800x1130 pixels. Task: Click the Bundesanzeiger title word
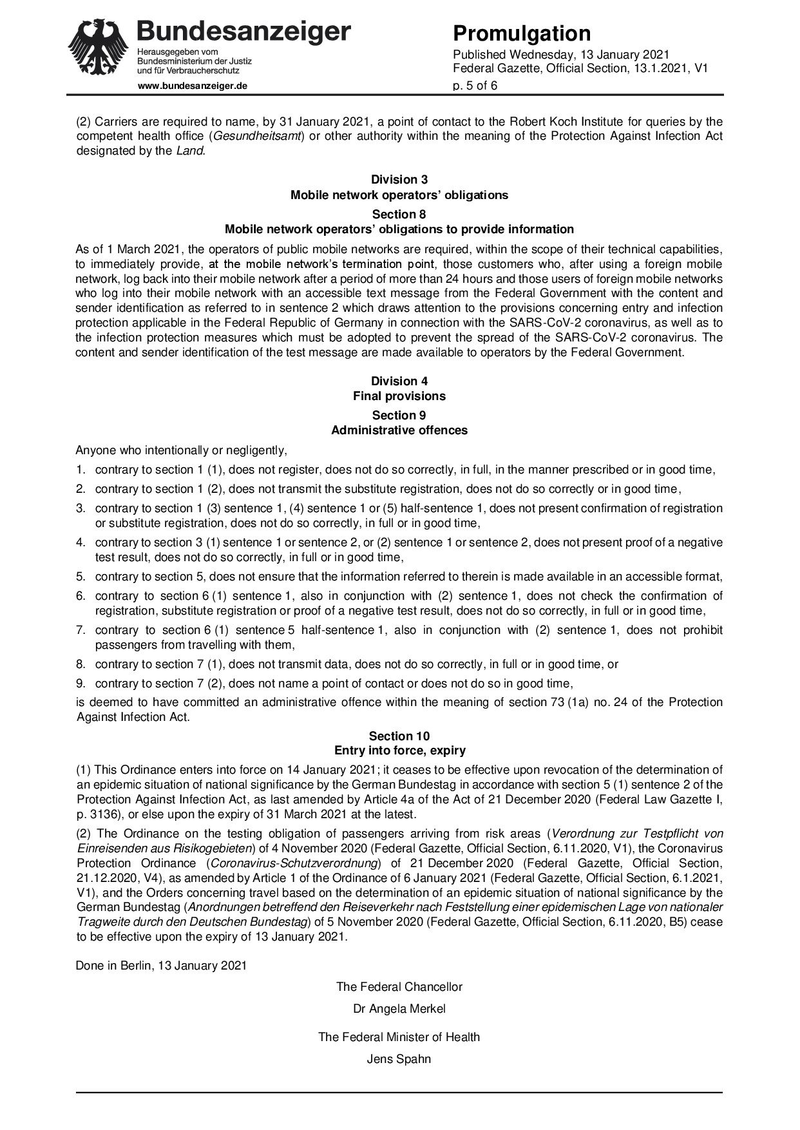click(244, 30)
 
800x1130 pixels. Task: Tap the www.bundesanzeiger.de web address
click(192, 86)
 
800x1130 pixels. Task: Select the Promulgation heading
click(522, 33)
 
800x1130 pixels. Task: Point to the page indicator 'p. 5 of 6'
click(475, 85)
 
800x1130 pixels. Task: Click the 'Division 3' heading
click(399, 180)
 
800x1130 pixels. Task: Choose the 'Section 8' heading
click(399, 214)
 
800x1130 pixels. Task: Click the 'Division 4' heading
click(399, 381)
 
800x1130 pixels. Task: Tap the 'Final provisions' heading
click(399, 396)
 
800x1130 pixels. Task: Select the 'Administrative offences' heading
click(399, 430)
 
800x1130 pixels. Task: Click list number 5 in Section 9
click(81, 577)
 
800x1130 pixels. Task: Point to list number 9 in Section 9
click(81, 683)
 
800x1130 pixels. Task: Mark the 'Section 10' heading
click(399, 736)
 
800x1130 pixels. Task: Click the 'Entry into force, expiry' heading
click(399, 751)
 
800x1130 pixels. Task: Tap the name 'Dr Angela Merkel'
click(399, 1009)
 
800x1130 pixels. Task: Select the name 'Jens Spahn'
click(399, 1058)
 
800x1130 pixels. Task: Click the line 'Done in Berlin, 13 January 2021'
click(161, 966)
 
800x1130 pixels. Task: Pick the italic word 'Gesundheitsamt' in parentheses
click(253, 136)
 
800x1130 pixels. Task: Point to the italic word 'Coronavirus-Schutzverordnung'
click(294, 863)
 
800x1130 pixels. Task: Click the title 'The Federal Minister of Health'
click(399, 1037)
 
